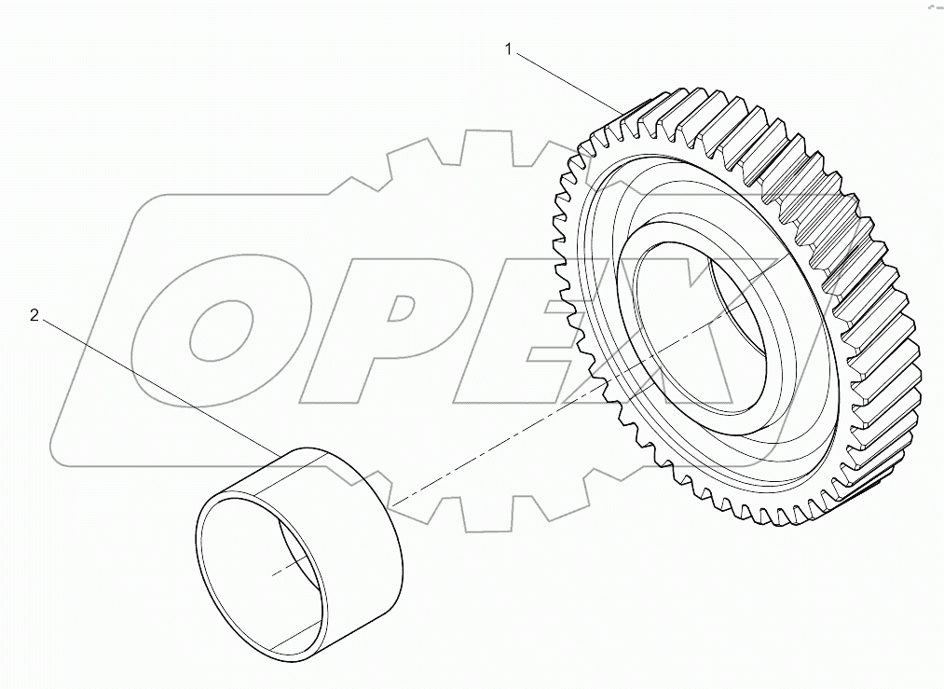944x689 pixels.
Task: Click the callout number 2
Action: coord(34,316)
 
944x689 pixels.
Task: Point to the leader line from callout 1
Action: coord(568,82)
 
